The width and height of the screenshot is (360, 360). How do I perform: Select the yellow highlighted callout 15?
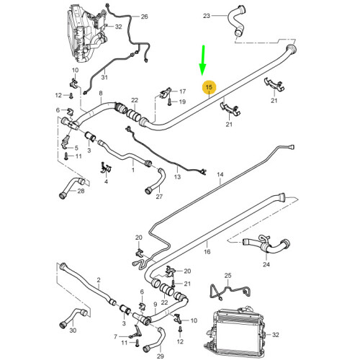[x=209, y=88]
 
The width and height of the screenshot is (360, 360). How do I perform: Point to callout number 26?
[x=144, y=17]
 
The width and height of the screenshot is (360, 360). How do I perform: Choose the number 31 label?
[x=104, y=78]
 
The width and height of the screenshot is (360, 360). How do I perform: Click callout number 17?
[x=181, y=91]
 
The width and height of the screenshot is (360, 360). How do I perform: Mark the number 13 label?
[x=176, y=176]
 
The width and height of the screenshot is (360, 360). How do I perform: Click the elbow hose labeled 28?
[x=68, y=186]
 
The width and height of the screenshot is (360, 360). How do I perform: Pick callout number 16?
[x=207, y=252]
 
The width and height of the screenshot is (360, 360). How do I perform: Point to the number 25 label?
[x=228, y=276]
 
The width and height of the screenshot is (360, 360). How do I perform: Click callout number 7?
[x=115, y=336]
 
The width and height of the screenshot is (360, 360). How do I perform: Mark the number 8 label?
[x=101, y=94]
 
